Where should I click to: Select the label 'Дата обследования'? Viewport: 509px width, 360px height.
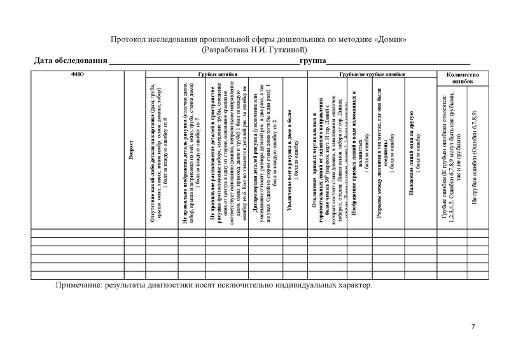pos(70,61)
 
